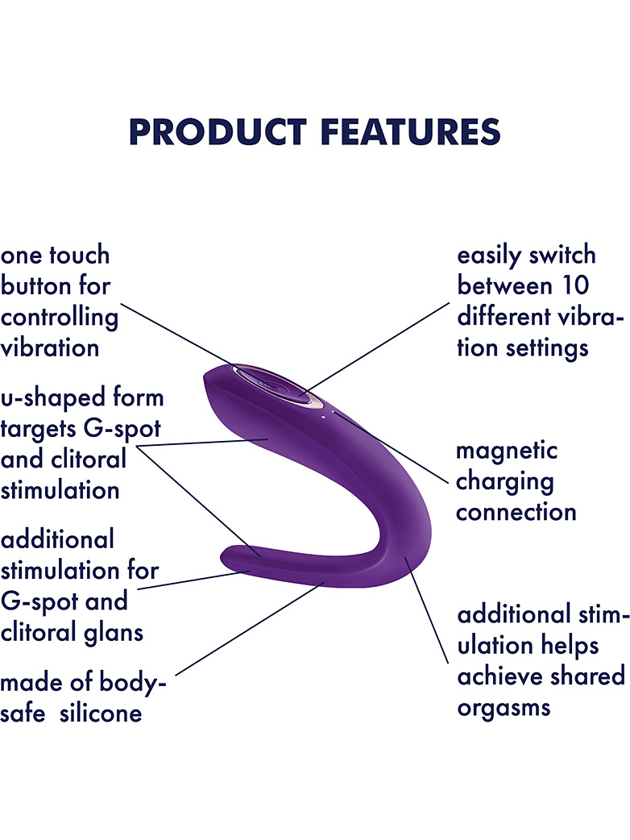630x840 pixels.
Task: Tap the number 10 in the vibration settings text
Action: click(x=574, y=285)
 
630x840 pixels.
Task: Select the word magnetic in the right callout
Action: click(x=507, y=451)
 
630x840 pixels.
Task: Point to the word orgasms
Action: click(x=504, y=709)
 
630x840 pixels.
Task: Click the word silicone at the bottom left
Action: click(x=101, y=713)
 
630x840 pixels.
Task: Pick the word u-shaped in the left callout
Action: click(x=44, y=398)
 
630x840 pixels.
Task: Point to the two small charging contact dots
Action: click(x=328, y=414)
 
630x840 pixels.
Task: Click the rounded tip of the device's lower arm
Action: click(x=227, y=557)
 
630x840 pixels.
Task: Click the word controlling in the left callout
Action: click(x=59, y=318)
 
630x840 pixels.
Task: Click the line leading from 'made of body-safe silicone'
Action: click(x=251, y=629)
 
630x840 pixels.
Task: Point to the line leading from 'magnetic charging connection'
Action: click(x=392, y=448)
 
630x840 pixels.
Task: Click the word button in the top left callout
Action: click(x=36, y=285)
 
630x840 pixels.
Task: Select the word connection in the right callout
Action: click(x=516, y=513)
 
